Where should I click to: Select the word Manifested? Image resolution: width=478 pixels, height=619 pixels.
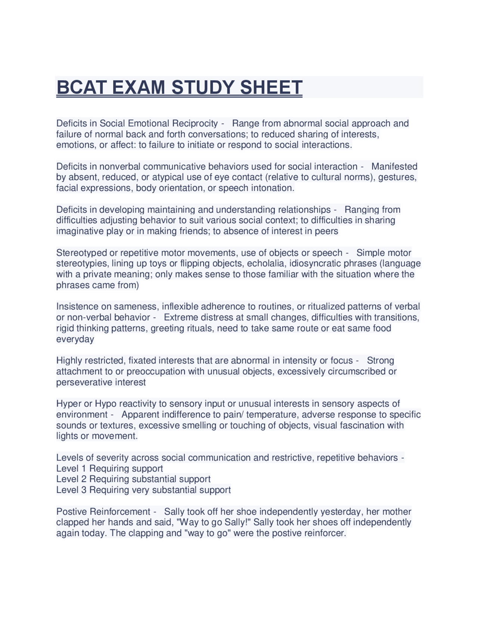[394, 166]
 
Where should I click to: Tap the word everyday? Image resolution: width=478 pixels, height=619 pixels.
[75, 339]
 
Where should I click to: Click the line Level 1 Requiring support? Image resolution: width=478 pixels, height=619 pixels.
[109, 469]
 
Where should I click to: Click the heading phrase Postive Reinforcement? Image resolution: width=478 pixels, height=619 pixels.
[103, 512]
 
